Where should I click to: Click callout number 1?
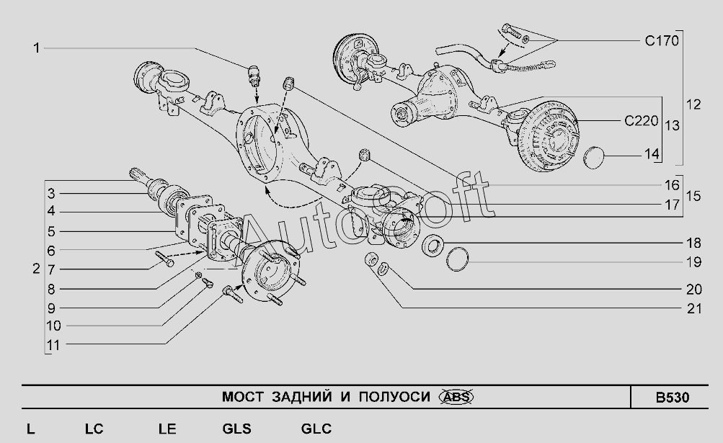(35, 48)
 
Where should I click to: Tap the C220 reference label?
(641, 120)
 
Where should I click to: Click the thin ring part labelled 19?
(458, 259)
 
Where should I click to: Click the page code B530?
(672, 398)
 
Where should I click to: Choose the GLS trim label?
(236, 429)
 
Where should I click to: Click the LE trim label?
(167, 429)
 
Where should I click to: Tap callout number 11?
(53, 345)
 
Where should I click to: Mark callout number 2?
(36, 269)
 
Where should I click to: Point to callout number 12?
(693, 104)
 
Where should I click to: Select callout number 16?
(673, 184)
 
